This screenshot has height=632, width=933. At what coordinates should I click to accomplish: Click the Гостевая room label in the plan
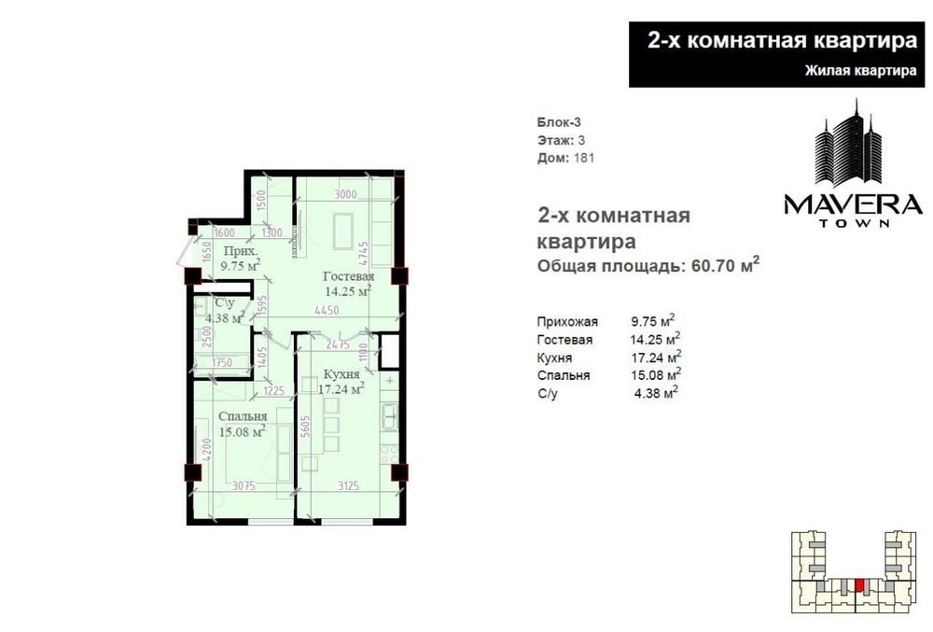[349, 276]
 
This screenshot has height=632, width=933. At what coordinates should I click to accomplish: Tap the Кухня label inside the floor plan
[341, 374]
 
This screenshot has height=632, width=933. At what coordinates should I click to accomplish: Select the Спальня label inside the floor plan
[243, 416]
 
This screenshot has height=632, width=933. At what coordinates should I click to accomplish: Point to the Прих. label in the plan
[241, 250]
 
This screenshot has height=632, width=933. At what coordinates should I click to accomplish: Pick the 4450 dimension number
[327, 311]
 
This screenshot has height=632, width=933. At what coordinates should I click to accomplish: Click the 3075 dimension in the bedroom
[244, 486]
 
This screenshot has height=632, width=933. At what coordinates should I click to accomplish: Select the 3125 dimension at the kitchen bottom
[348, 486]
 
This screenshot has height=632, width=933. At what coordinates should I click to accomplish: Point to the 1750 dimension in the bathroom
[221, 362]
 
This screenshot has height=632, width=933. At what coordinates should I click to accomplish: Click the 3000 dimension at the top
[345, 194]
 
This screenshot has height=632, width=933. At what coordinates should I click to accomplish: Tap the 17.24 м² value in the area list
[656, 357]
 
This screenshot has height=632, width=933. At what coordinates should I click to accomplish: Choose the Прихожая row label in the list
[567, 322]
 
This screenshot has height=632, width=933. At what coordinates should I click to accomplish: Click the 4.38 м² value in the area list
[656, 393]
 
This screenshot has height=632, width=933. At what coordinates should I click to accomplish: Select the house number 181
[583, 159]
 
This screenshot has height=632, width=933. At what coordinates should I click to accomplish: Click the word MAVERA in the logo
[853, 204]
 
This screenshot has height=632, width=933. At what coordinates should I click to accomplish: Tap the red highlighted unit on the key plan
[858, 584]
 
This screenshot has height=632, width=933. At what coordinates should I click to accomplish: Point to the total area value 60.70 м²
[725, 264]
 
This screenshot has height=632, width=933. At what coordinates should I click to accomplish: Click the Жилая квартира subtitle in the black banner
[860, 71]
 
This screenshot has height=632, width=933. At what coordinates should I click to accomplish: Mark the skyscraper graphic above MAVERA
[848, 143]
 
